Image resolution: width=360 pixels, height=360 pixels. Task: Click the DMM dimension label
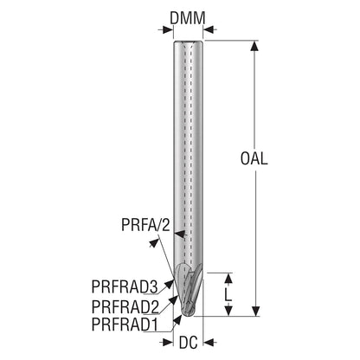click(188, 18)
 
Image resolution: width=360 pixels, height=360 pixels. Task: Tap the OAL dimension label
click(254, 158)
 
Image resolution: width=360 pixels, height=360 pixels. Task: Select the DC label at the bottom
click(189, 343)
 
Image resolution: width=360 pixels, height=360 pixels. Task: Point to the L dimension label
click(228, 294)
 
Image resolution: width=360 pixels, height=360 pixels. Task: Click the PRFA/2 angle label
click(146, 225)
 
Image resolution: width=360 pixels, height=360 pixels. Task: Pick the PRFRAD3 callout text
click(125, 286)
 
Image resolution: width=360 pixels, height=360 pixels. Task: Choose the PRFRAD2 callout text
click(125, 306)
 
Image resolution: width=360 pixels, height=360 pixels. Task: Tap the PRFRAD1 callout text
click(125, 325)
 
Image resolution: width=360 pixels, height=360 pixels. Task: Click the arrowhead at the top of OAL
click(254, 46)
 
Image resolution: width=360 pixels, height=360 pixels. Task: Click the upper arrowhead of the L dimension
click(228, 278)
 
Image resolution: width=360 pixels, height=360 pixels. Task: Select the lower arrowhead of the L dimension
click(228, 311)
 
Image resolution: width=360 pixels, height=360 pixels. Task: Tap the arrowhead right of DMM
click(209, 29)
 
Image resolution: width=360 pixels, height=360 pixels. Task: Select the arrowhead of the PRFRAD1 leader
click(177, 319)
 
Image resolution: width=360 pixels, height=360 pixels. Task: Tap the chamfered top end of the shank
click(188, 42)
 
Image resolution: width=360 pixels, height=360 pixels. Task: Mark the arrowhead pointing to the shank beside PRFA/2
click(179, 234)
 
